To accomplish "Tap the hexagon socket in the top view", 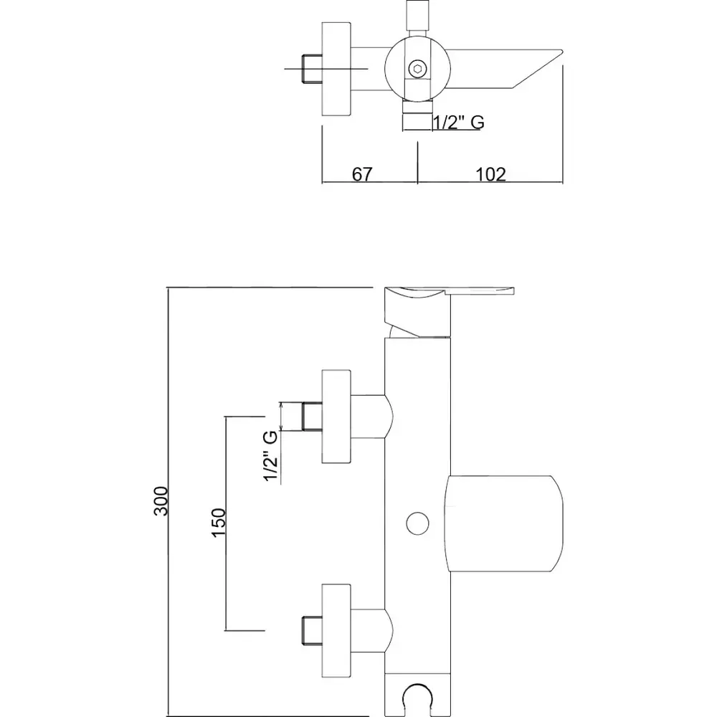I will pyautogui.click(x=417, y=69).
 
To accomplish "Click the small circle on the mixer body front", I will pyautogui.click(x=415, y=523).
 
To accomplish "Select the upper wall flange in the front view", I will pyautogui.click(x=336, y=417).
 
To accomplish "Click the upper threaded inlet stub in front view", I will pyautogui.click(x=311, y=417).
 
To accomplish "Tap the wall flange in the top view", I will pyautogui.click(x=336, y=69).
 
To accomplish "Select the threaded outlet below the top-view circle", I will pyautogui.click(x=417, y=116).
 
